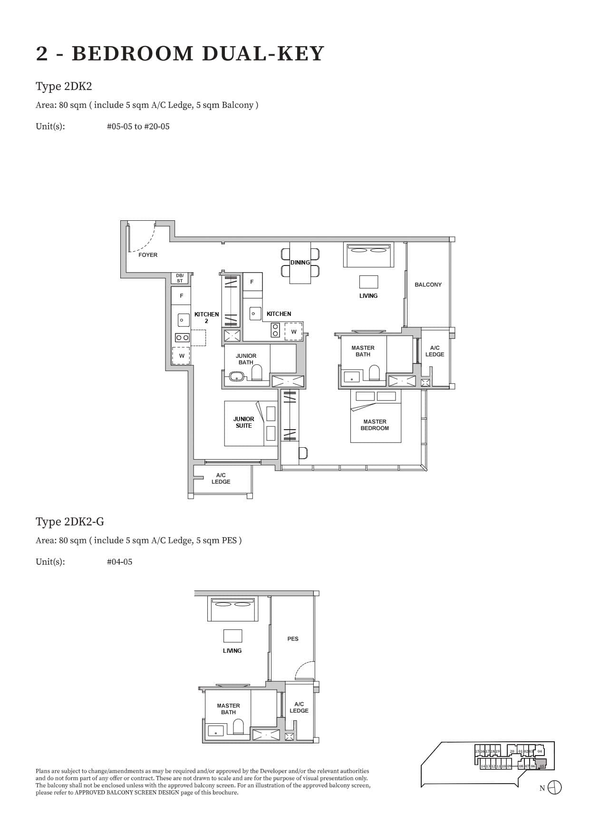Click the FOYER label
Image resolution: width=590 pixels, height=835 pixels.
[148, 255]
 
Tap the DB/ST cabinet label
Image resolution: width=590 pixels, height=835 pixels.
[180, 278]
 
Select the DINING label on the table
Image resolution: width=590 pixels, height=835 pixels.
[300, 263]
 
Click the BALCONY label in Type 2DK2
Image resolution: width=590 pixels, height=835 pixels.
[428, 285]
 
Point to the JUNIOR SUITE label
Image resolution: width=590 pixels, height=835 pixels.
[243, 422]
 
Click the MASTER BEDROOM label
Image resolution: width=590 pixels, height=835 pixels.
[375, 425]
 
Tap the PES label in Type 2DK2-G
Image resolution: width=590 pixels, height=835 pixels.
[293, 639]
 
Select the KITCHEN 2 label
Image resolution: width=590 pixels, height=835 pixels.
[206, 317]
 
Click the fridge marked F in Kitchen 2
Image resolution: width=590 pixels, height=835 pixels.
[181, 296]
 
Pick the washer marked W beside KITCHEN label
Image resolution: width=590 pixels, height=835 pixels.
[294, 332]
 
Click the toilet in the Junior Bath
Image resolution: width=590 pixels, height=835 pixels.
[257, 373]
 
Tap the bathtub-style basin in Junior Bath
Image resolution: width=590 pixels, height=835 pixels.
[236, 377]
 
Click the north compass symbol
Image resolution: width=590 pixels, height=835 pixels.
[554, 788]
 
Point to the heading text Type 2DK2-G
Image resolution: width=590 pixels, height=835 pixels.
[70, 522]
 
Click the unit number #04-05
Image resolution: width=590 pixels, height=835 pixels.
[119, 562]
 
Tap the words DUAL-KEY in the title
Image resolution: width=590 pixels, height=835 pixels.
[263, 54]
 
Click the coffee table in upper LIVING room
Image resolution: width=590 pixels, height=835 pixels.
[368, 282]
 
